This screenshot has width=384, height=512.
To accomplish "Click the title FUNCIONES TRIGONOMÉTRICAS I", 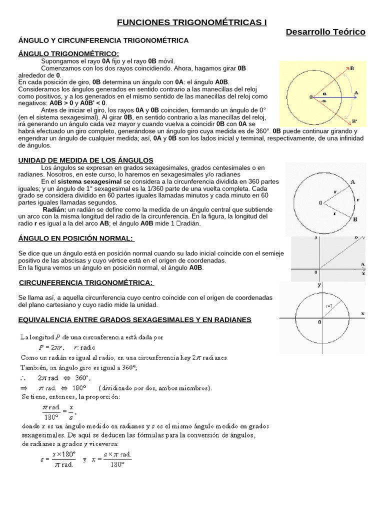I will (x=192, y=22).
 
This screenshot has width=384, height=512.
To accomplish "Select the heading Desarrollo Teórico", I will (x=325, y=32).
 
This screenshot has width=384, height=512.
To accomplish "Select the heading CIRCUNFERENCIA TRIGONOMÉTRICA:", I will (x=85, y=283).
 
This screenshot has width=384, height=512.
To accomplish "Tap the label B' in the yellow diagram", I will (x=354, y=121).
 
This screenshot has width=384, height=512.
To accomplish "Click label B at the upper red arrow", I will (x=352, y=68).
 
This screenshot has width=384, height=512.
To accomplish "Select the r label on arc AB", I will (x=358, y=199).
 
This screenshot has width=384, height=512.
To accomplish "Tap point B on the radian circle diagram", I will (x=354, y=219).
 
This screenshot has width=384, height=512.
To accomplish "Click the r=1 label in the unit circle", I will (x=329, y=305).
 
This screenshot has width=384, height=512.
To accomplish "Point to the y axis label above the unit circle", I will (x=319, y=285).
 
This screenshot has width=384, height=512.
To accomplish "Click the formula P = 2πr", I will (x=49, y=347).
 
